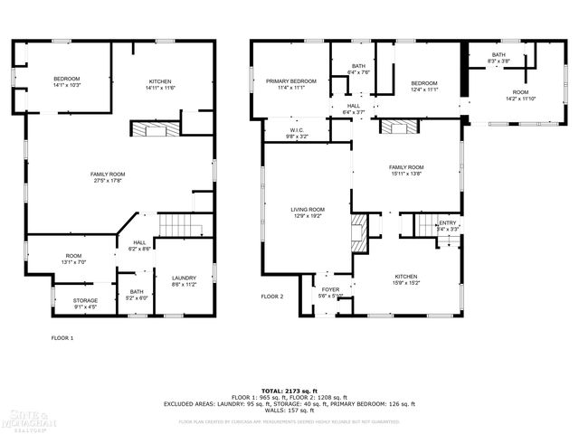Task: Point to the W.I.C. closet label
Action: click(297, 133)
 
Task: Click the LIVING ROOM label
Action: click(308, 213)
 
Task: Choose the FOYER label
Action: click(330, 292)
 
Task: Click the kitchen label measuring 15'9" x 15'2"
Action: click(406, 279)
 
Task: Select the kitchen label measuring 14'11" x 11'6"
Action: click(161, 84)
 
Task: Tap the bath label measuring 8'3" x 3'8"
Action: click(498, 58)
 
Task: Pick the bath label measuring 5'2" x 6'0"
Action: click(137, 295)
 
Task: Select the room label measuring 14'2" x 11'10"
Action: click(520, 95)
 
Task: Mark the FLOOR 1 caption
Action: click(62, 337)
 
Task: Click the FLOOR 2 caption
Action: click(272, 297)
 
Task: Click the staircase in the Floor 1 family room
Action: click(178, 225)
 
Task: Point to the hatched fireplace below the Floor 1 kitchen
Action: click(150, 130)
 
